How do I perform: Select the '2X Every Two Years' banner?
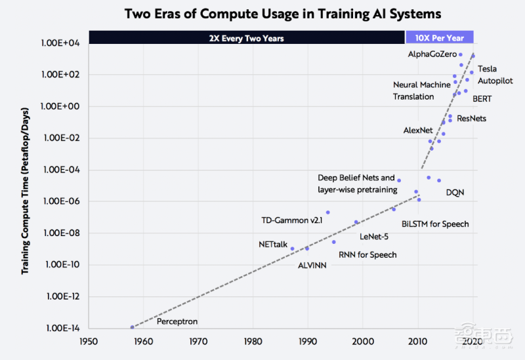tap(246, 38)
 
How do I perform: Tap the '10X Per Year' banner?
tap(440, 38)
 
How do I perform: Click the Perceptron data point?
tap(132, 327)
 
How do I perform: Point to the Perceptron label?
tap(177, 322)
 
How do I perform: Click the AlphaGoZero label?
tap(431, 54)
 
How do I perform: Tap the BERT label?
tap(482, 99)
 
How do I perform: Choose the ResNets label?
tap(472, 119)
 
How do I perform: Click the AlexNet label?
tap(418, 130)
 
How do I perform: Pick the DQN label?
tap(455, 192)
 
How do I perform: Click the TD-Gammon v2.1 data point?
tap(327, 212)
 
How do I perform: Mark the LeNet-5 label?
tap(374, 236)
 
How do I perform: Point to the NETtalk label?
tap(273, 245)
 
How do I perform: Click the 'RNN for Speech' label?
tap(367, 254)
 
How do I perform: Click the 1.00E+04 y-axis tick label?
tap(60, 43)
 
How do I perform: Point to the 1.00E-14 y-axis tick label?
tap(61, 328)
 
